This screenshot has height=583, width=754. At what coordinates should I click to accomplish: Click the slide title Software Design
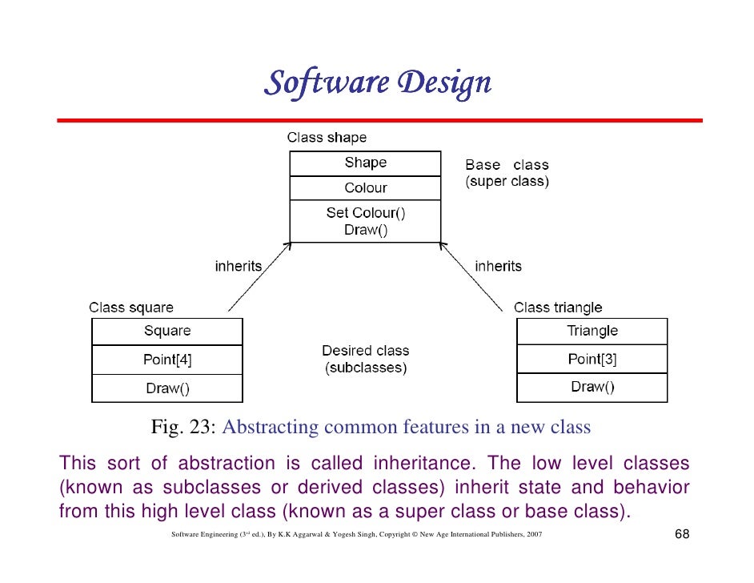(377, 82)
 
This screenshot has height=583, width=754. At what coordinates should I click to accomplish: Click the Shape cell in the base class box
(365, 163)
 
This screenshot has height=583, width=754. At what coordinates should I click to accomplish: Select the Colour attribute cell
(365, 188)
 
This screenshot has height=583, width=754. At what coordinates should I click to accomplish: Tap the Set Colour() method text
(365, 213)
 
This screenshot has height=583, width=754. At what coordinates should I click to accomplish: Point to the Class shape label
(327, 138)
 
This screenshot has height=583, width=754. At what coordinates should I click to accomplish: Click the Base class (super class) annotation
(507, 174)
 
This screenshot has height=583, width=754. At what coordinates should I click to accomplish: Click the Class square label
(130, 308)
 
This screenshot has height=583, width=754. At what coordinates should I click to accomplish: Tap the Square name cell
(167, 331)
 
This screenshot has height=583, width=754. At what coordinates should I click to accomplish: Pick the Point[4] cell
(167, 360)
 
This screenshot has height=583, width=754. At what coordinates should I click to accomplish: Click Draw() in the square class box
(167, 388)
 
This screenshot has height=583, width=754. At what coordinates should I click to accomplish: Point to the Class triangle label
(558, 308)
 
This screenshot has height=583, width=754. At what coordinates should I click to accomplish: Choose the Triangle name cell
(592, 331)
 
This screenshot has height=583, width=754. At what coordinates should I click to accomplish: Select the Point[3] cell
(592, 359)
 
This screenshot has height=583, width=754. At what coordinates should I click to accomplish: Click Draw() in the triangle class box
(592, 388)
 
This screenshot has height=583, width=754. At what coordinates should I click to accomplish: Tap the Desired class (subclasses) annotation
(365, 360)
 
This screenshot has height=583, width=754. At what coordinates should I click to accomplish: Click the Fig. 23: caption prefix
(184, 428)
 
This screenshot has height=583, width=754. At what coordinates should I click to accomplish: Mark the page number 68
(682, 534)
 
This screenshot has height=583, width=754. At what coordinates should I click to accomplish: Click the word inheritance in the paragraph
(423, 464)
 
